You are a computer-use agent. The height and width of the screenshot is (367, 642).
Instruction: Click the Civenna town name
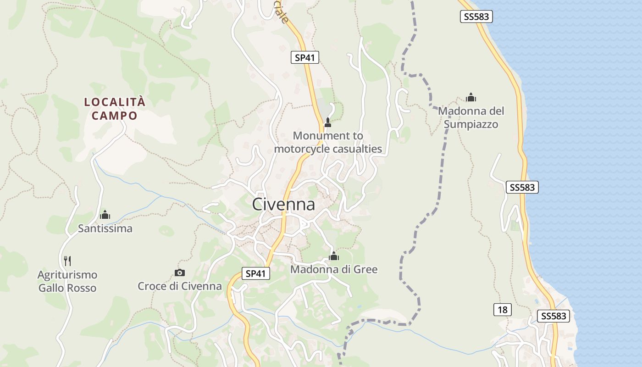(283, 205)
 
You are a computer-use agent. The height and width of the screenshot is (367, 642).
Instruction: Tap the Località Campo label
(115, 109)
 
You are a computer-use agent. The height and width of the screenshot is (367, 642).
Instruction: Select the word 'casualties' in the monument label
(357, 149)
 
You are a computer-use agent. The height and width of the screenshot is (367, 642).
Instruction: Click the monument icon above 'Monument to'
(327, 122)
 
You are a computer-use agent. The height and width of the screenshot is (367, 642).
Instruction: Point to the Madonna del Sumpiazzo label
(471, 117)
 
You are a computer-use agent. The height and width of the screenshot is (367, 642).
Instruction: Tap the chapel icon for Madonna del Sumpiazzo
(470, 97)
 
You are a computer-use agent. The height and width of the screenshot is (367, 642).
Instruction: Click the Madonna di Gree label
(334, 269)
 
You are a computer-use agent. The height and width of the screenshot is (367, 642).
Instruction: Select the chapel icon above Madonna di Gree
(334, 256)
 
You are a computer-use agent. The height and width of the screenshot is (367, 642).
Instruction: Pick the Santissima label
(105, 228)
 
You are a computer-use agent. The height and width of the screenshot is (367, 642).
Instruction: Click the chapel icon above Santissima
(105, 214)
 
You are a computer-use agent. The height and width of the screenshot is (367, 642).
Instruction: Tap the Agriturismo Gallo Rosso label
(67, 281)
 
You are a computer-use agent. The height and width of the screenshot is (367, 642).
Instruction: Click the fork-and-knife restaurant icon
(67, 261)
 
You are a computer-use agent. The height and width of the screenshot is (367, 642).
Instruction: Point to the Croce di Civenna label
(180, 286)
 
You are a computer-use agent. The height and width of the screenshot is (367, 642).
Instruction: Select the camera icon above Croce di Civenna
(180, 272)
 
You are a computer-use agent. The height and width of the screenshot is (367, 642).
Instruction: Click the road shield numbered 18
(503, 310)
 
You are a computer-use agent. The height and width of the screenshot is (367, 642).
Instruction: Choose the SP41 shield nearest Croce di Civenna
(255, 274)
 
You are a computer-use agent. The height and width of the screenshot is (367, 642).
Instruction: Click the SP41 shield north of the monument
(305, 57)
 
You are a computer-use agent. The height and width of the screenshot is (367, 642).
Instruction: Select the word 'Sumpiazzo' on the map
(471, 124)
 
